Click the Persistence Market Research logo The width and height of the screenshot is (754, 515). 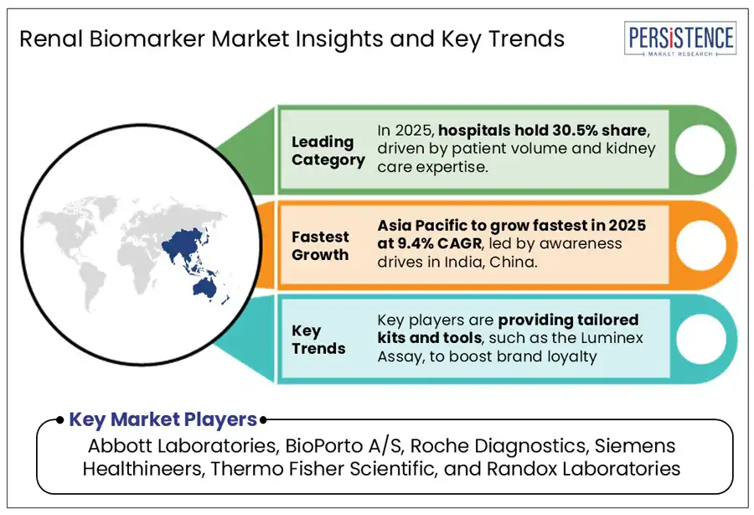click(680, 39)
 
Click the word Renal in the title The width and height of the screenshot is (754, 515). click(51, 39)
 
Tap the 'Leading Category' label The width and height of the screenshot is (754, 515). click(328, 151)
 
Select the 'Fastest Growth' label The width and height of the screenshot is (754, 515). click(320, 246)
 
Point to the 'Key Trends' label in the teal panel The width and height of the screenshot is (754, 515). click(318, 340)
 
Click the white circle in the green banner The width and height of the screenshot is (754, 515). click(700, 149)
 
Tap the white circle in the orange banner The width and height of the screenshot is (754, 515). click(700, 245)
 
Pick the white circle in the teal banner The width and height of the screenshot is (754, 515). click(700, 338)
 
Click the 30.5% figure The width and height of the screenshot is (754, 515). click(575, 130)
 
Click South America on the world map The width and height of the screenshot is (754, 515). click(92, 284)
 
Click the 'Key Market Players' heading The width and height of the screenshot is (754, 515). click(163, 419)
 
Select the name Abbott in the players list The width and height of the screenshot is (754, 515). click(120, 445)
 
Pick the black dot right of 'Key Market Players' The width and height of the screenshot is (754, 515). click(263, 420)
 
